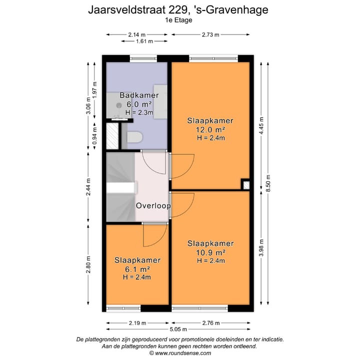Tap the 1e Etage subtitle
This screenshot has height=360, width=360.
pos(178,20)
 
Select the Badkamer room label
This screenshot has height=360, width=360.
pos(139,95)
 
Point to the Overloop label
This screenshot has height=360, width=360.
pos(153,205)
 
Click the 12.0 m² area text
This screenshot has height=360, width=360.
pos(210,129)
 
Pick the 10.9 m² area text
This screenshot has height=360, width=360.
pos(210,252)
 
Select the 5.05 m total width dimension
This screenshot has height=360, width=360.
pos(178,329)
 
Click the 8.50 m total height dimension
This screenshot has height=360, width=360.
pos(269,182)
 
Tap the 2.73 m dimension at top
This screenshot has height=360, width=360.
pos(210,34)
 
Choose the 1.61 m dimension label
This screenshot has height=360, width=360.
pos(144,42)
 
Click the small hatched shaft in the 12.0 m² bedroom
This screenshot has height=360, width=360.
pos(245,185)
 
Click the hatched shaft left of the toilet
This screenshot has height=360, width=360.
pos(113,135)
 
